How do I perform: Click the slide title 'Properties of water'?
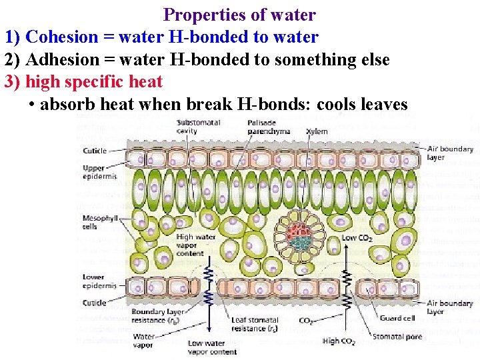coord(239,14)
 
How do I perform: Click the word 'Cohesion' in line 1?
coord(58,37)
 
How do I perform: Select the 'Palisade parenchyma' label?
coord(268,127)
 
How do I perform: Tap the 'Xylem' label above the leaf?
coord(317,131)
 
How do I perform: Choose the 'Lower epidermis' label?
coord(99,281)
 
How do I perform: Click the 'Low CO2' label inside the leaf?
coord(357,238)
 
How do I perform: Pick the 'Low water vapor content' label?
coord(212,347)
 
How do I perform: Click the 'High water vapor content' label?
coord(195,244)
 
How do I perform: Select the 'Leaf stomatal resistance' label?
coord(255,325)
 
